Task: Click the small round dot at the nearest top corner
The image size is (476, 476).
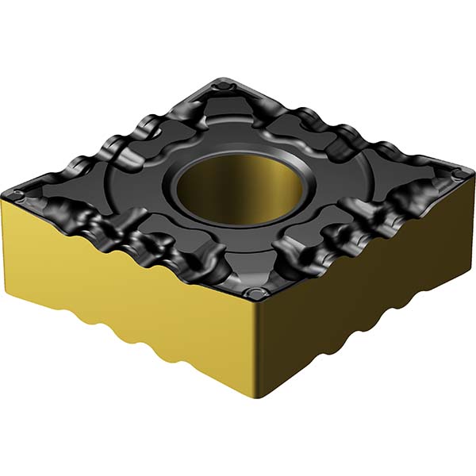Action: (x=253, y=294)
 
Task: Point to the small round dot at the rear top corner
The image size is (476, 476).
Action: (x=227, y=82)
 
